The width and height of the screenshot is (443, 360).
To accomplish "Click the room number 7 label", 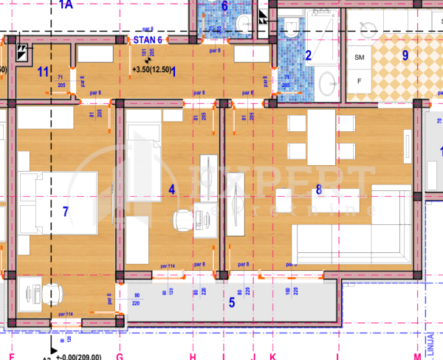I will (65, 212).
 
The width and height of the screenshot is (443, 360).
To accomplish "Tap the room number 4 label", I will (172, 190).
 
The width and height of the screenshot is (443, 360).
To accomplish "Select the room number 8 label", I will (319, 190).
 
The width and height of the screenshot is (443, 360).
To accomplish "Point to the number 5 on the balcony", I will (231, 301).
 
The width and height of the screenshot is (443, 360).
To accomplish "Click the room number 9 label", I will (405, 54).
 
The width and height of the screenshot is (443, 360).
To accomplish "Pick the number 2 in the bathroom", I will (309, 54).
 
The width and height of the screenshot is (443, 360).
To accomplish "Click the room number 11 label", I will (43, 72).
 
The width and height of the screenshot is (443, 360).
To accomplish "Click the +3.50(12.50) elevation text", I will (152, 70).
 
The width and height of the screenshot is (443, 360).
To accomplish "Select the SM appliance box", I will (360, 57).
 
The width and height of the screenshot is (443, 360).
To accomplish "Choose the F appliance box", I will (360, 80).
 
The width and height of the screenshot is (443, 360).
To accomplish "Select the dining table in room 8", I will (321, 138).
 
